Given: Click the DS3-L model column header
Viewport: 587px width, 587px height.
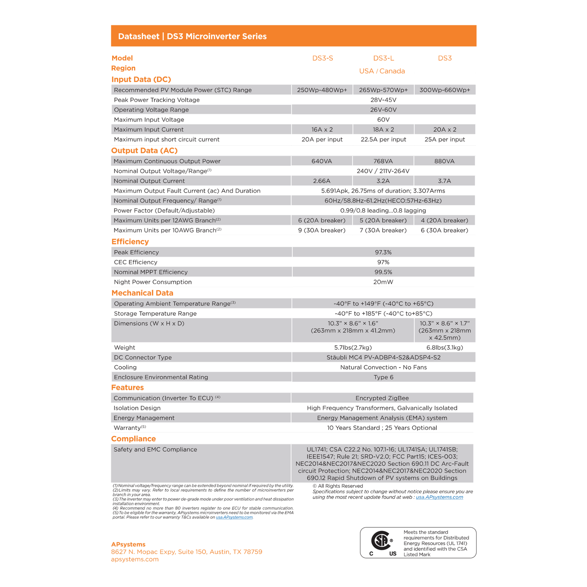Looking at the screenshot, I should click(x=383, y=58).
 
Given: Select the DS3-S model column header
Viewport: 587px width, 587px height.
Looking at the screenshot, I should click(x=323, y=58).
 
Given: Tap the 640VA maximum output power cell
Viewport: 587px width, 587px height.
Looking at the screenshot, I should click(x=322, y=161).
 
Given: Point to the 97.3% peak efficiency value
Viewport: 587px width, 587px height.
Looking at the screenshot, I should click(x=383, y=252).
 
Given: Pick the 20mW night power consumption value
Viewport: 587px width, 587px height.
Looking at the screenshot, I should click(x=383, y=282).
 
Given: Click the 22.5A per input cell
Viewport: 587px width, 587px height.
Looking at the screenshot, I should click(x=383, y=139).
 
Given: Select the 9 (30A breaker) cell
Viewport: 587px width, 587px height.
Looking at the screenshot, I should click(x=322, y=230).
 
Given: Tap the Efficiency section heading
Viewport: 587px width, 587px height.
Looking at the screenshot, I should click(x=130, y=242).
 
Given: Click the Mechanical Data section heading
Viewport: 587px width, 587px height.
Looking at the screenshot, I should click(x=142, y=293).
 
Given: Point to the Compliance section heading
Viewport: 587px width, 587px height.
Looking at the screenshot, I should click(x=133, y=439).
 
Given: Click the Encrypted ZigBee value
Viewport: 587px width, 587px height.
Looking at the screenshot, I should click(x=382, y=398).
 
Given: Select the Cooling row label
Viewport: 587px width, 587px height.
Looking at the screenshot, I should click(x=125, y=367).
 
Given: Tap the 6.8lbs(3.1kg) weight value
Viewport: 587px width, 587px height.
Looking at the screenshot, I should click(x=444, y=348).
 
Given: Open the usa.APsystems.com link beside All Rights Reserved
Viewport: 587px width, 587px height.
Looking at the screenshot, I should click(x=439, y=497).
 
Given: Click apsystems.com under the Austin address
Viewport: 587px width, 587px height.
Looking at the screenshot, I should click(x=135, y=559).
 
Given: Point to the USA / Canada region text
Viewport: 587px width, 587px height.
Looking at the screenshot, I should click(x=382, y=71).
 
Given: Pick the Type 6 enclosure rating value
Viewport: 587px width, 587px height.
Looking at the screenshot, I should click(x=383, y=377).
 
